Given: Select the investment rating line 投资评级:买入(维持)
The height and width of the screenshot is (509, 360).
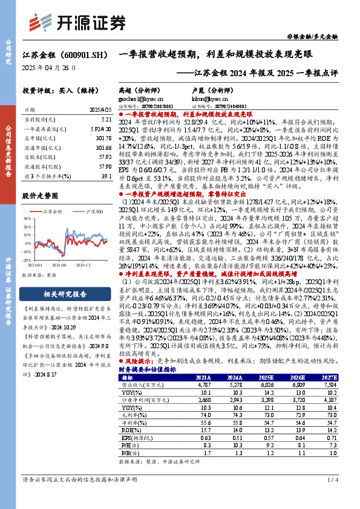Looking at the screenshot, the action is pos(56,90).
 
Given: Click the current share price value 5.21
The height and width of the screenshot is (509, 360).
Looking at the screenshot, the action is pos(106,121).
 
